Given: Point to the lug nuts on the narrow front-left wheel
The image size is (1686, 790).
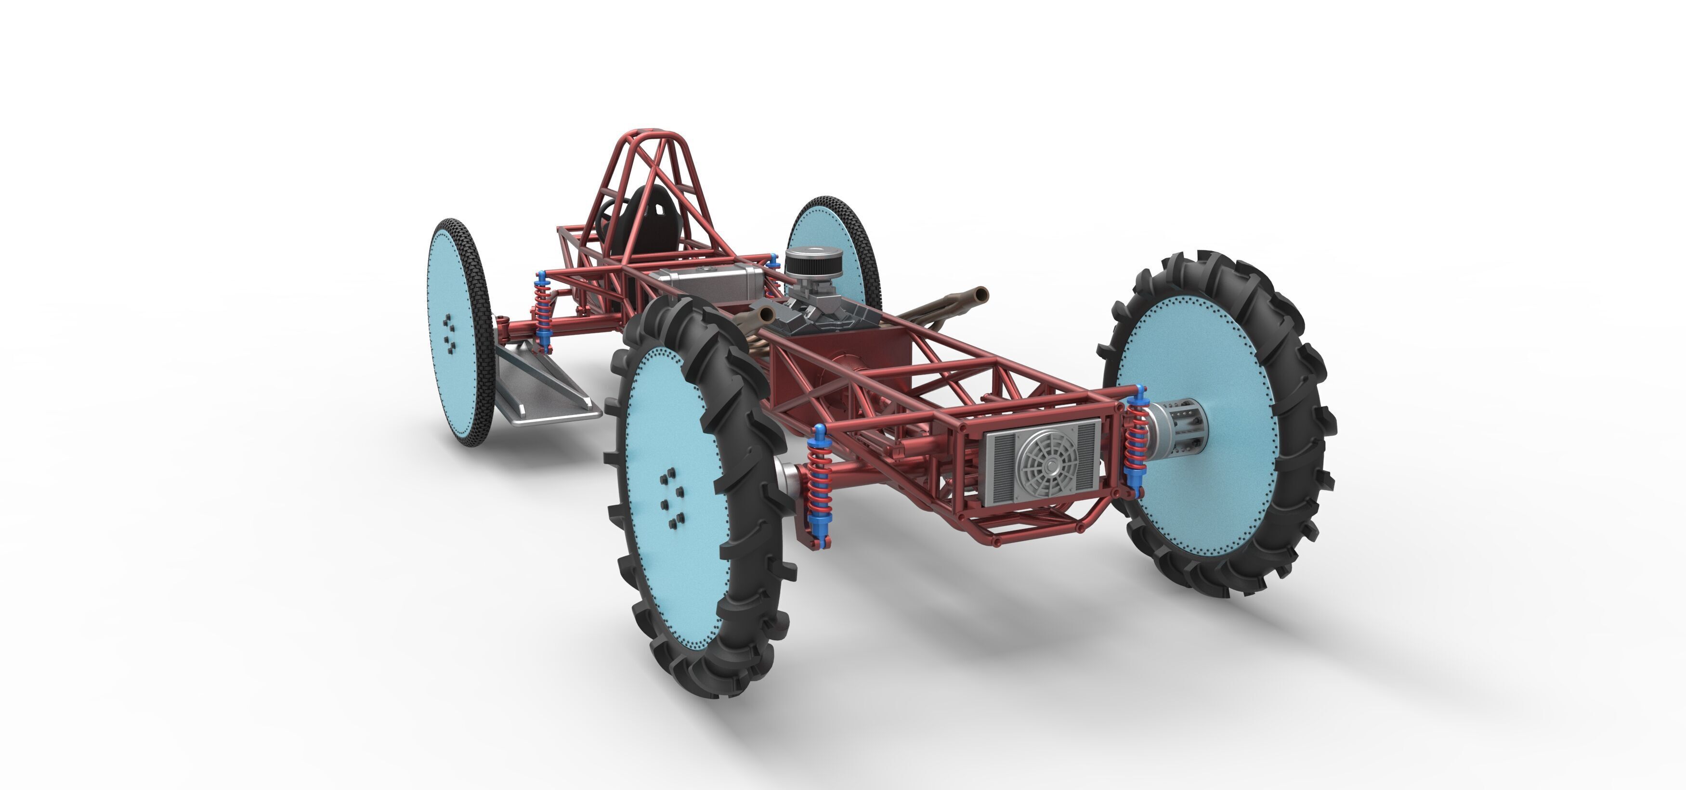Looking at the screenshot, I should (450, 331).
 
